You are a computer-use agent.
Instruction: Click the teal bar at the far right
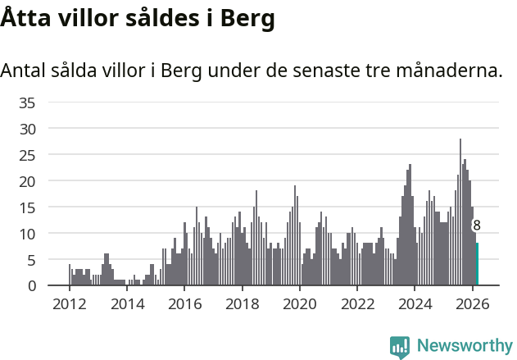click(x=477, y=264)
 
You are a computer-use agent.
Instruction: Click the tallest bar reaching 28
click(x=460, y=213)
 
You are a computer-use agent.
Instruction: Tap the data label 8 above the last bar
click(x=477, y=226)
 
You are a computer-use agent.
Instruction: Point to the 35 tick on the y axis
click(x=27, y=103)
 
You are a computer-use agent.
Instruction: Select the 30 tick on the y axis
click(x=27, y=129)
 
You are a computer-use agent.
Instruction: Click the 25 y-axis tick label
click(x=27, y=155)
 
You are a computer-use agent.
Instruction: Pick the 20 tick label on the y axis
click(x=27, y=181)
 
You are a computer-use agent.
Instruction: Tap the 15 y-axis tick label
click(x=27, y=207)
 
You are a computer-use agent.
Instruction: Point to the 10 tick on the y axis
click(x=27, y=234)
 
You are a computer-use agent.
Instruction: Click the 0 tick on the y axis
click(x=31, y=285)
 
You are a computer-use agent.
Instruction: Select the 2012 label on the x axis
click(x=70, y=303)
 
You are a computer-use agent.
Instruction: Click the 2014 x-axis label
click(x=127, y=303)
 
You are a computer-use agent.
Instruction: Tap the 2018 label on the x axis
click(x=242, y=303)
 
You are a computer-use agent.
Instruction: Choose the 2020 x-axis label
click(x=300, y=303)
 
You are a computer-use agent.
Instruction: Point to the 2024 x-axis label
click(x=415, y=303)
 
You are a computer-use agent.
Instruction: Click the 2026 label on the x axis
click(x=472, y=303)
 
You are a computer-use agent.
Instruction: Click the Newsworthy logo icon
click(x=400, y=347)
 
